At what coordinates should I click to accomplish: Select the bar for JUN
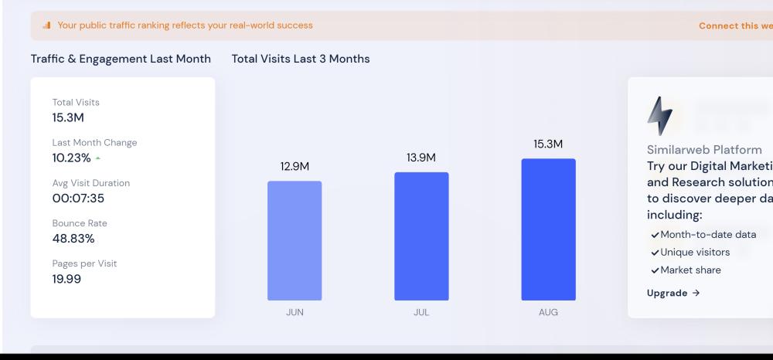click(x=295, y=240)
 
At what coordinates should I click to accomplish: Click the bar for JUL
click(x=421, y=236)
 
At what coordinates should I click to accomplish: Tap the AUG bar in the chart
click(x=548, y=229)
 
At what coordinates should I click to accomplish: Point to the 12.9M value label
click(x=295, y=166)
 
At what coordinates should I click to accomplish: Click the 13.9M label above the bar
click(x=421, y=158)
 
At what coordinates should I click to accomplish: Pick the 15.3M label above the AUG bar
click(x=548, y=144)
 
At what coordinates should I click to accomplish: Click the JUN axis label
click(x=295, y=313)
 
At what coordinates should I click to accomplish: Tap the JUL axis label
click(x=421, y=313)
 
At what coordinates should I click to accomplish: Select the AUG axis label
click(x=548, y=313)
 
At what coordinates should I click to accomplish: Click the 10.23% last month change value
click(x=71, y=158)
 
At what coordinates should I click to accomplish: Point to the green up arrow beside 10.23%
click(x=97, y=158)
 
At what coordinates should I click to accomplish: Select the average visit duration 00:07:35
click(x=78, y=198)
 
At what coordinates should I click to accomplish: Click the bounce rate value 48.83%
click(x=73, y=238)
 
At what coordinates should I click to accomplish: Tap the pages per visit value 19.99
click(x=66, y=279)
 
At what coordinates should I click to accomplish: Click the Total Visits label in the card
click(x=76, y=102)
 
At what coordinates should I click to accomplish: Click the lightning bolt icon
click(x=659, y=117)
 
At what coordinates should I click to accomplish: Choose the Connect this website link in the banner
click(x=734, y=25)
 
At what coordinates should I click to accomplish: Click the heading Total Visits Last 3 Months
click(x=301, y=59)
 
